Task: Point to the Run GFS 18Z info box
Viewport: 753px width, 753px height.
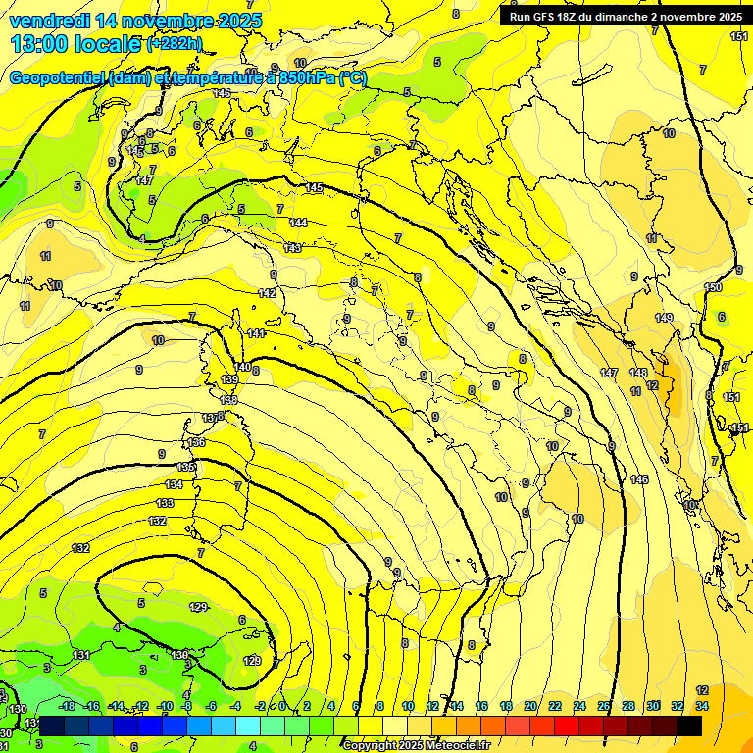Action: pos(626,17)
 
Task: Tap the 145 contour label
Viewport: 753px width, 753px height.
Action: pos(314,187)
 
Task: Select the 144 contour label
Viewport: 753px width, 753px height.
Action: pos(298,224)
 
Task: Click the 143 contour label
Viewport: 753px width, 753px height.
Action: pos(292,248)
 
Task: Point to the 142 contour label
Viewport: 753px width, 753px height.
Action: pos(267,293)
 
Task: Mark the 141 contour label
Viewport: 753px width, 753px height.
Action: pos(256,334)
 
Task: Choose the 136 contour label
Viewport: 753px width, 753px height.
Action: pos(197,443)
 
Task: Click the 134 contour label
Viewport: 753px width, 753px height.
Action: pos(174,485)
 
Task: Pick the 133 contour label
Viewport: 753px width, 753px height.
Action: pos(165,503)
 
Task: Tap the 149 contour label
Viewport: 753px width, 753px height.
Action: pos(664,318)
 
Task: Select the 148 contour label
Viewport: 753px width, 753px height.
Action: pos(638,374)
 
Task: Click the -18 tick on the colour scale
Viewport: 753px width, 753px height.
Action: pos(68,706)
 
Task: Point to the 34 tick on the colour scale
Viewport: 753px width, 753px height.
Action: pos(703,706)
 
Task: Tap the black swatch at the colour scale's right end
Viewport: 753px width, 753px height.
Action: pos(689,726)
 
